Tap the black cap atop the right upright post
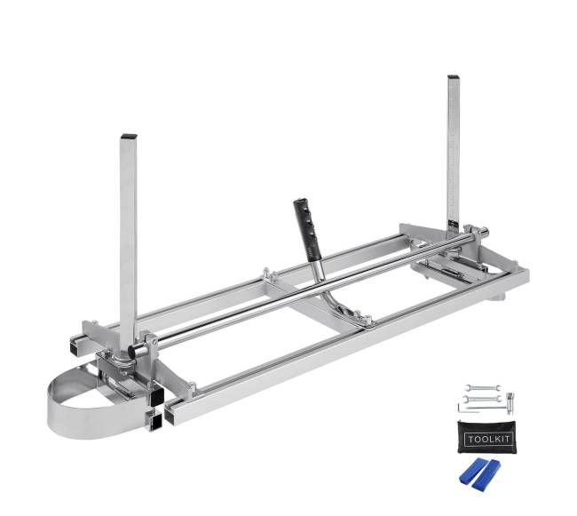453,77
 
